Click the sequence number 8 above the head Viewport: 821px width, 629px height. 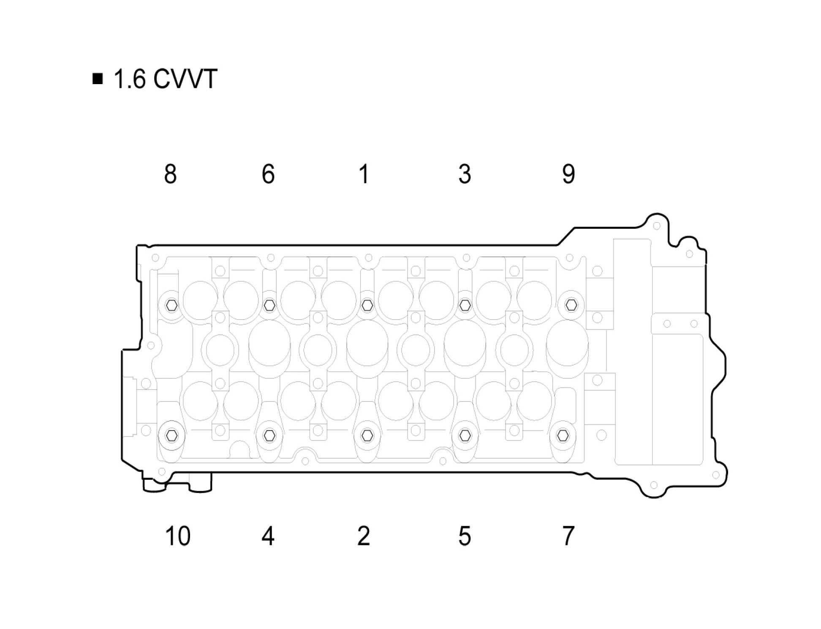[x=170, y=174]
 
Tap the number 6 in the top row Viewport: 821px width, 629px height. [x=268, y=174]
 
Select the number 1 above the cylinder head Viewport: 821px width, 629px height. [x=364, y=174]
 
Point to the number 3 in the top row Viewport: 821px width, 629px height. [x=465, y=174]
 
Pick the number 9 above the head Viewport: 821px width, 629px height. [x=568, y=174]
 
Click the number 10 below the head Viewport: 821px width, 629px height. [x=178, y=536]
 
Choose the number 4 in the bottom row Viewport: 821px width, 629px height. [x=268, y=536]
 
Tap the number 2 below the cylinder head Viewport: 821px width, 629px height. [x=364, y=536]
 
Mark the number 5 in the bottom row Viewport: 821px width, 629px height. [x=465, y=536]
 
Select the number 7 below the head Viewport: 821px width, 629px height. [x=568, y=536]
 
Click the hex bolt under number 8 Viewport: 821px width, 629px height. [x=172, y=304]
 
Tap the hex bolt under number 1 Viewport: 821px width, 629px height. [x=367, y=304]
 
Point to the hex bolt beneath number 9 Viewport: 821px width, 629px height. [x=571, y=304]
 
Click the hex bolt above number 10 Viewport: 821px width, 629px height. [x=171, y=435]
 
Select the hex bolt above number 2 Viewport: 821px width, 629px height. [x=367, y=435]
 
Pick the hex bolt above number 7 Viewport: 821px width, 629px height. [x=563, y=435]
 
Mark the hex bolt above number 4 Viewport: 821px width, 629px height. [x=269, y=435]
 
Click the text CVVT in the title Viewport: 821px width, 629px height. [x=185, y=79]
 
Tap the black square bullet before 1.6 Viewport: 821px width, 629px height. [x=98, y=79]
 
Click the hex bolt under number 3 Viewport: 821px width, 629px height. [x=465, y=304]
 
